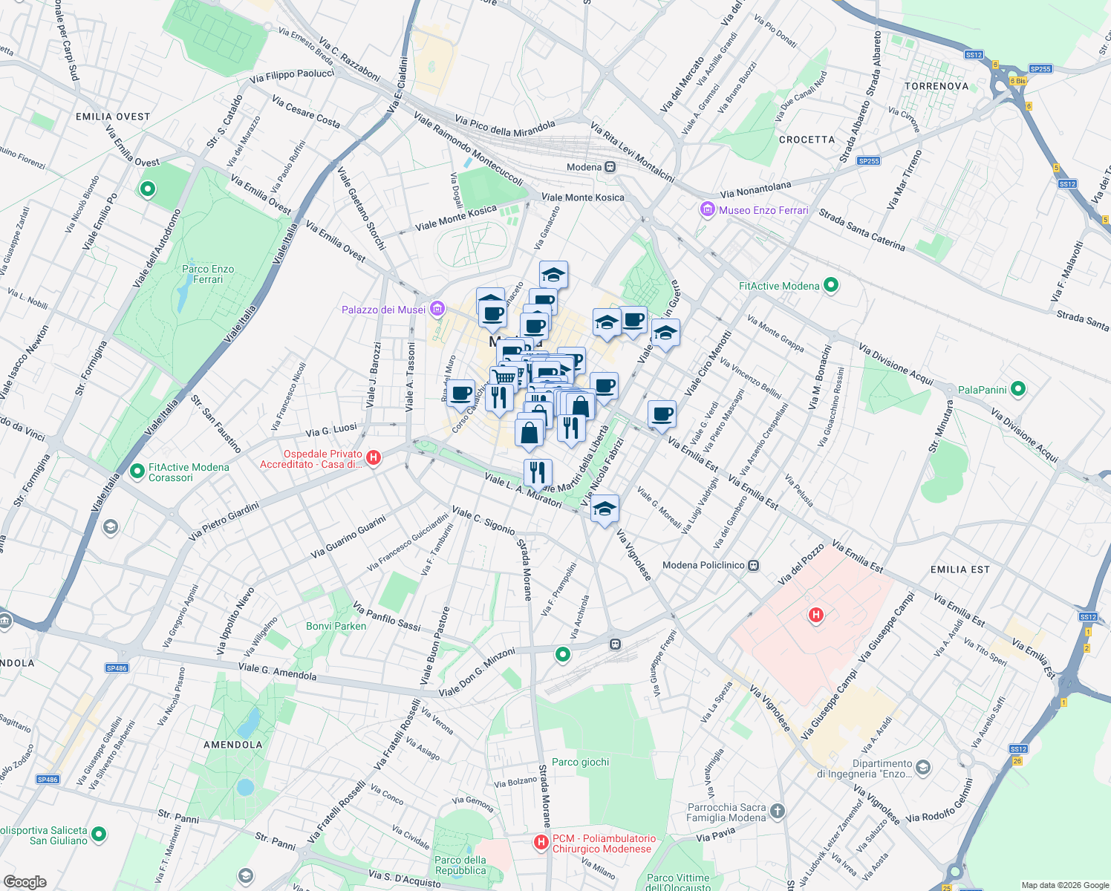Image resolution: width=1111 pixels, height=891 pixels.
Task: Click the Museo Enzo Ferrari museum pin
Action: tap(707, 210)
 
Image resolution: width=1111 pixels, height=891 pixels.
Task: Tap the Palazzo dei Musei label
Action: tap(383, 310)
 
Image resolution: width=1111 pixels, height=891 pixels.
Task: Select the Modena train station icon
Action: tap(610, 167)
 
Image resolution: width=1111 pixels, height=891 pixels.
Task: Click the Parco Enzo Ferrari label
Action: tap(208, 274)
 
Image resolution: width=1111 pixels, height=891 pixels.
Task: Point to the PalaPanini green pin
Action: tap(1018, 389)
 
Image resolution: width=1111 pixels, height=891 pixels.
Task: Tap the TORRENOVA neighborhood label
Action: tap(936, 86)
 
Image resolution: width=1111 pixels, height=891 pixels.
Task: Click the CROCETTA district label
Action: tap(807, 140)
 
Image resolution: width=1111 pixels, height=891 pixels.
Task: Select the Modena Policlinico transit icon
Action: tap(754, 565)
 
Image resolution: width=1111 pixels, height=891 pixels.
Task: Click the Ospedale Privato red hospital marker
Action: tap(374, 458)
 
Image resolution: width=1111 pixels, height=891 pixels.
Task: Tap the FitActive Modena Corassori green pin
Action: tap(137, 471)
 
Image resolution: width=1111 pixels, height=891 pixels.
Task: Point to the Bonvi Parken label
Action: tap(336, 626)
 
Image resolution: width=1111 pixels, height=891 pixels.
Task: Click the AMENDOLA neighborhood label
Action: tap(232, 745)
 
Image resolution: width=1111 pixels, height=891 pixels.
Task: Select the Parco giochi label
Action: tap(580, 762)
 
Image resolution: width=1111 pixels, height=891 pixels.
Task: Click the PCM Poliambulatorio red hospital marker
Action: tap(541, 842)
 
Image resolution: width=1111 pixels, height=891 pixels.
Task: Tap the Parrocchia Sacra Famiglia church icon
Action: tap(777, 811)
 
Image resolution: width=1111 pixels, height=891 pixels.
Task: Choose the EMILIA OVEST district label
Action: tap(113, 117)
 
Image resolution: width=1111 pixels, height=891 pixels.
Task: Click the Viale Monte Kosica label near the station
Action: tap(583, 198)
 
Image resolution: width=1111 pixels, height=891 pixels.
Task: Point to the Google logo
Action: tap(25, 882)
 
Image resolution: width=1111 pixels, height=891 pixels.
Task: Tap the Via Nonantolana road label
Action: tap(755, 189)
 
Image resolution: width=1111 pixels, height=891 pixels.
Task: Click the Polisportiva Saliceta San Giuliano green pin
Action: tap(98, 835)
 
